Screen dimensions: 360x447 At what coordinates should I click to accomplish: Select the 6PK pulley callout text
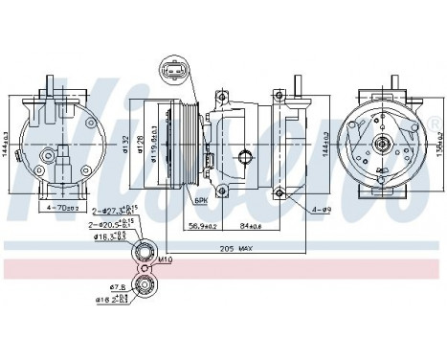[x=200, y=199]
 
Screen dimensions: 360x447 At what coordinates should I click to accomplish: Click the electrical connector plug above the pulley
[x=174, y=73]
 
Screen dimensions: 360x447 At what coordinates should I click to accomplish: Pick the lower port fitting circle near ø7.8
[x=144, y=284]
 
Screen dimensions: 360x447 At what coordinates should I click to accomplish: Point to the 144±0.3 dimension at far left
[x=8, y=144]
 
